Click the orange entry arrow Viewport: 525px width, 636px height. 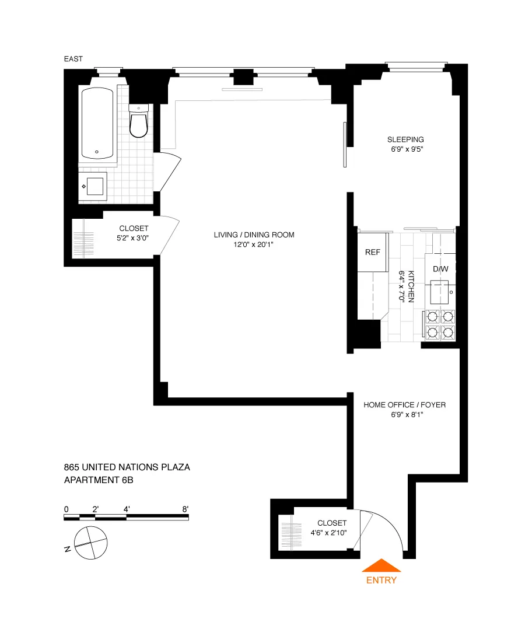(381, 565)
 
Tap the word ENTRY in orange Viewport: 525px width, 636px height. (381, 580)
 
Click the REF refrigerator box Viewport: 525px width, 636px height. (373, 253)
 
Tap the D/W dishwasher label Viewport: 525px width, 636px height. (440, 269)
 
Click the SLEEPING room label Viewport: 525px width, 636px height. (405, 139)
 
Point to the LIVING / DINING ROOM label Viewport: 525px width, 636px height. (254, 235)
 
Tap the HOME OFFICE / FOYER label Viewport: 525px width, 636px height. (404, 405)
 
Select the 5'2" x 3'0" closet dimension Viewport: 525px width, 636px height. (134, 238)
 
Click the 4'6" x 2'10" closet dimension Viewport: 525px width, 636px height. (332, 533)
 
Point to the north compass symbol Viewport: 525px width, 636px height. (92, 543)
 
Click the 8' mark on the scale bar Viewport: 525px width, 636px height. (185, 509)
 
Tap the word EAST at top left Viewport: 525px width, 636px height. (73, 58)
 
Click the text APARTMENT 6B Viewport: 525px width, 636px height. (103, 480)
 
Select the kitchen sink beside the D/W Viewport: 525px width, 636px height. (440, 290)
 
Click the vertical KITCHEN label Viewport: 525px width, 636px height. (411, 286)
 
